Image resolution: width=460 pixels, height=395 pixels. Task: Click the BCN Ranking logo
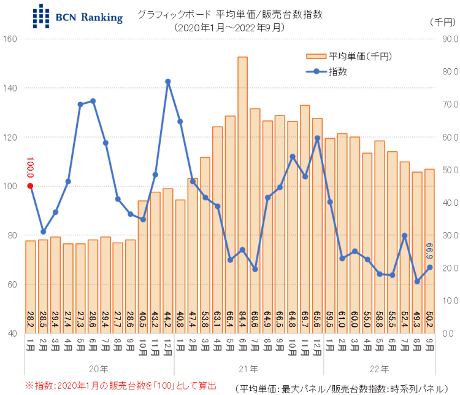pos(77,17)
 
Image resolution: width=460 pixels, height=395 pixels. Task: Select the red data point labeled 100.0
pos(30,186)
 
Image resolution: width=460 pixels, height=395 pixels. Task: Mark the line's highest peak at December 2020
pos(167,81)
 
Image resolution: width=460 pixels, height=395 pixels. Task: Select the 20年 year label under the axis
pos(99,369)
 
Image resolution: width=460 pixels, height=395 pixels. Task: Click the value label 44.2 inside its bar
pos(167,320)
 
